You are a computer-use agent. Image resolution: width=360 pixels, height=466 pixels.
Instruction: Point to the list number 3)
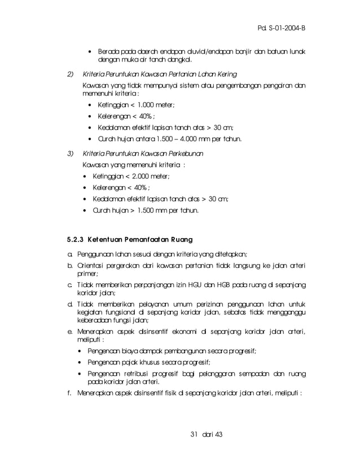coord(71,153)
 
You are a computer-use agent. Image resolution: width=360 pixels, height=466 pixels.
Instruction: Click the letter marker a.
coord(69,255)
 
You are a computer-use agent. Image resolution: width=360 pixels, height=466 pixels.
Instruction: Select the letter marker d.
coord(69,304)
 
